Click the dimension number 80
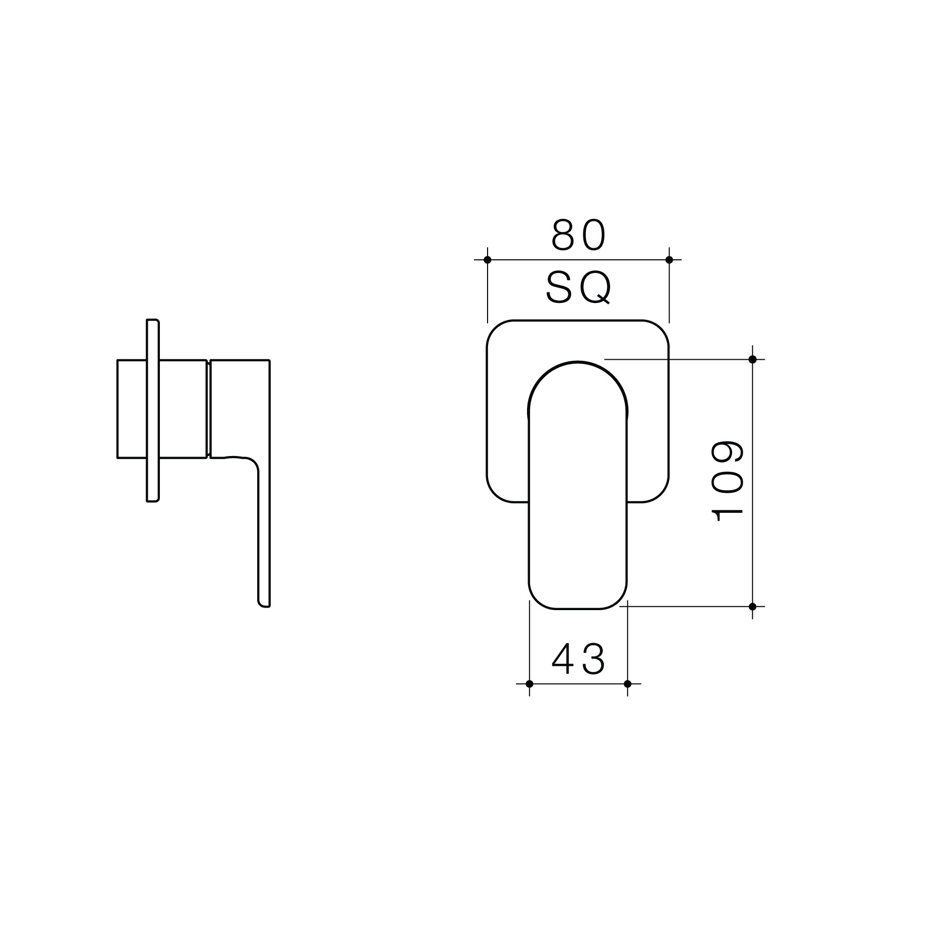579,235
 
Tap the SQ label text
579,288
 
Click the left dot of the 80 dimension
488,260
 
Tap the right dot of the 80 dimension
669,260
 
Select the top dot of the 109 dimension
752,359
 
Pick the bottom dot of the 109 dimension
752,606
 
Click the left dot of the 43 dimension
529,684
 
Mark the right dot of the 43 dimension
627,684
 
